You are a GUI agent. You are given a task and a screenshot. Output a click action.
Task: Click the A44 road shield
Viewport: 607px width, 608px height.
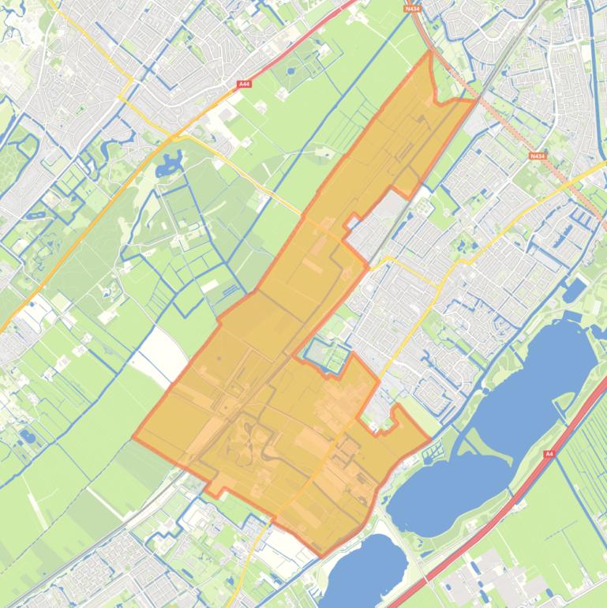[x=243, y=83]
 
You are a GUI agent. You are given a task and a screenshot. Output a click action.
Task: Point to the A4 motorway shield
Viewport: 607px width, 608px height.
[x=549, y=455]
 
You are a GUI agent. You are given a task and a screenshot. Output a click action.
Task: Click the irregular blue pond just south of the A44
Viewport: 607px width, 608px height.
[x=168, y=166]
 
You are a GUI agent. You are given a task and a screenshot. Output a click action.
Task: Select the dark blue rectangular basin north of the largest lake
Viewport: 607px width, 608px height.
[x=574, y=290]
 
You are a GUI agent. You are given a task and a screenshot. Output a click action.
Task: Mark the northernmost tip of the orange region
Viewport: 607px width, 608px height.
[x=429, y=51]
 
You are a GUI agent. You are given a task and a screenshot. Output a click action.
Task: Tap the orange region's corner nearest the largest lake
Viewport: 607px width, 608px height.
[x=430, y=439]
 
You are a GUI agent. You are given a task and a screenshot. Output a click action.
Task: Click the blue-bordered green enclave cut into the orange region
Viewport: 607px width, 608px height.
[x=326, y=355]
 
